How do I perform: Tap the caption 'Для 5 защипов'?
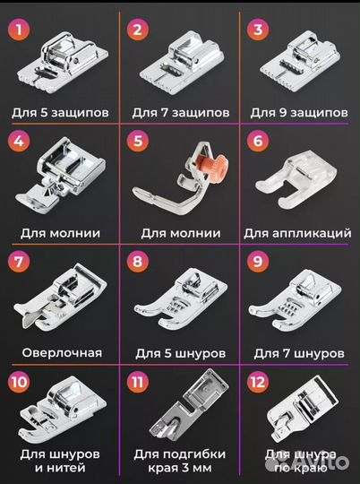tap(62, 113)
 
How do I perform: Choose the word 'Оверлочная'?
tap(62, 352)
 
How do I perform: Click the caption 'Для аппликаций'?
tap(298, 233)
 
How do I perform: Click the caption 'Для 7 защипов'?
tap(180, 113)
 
